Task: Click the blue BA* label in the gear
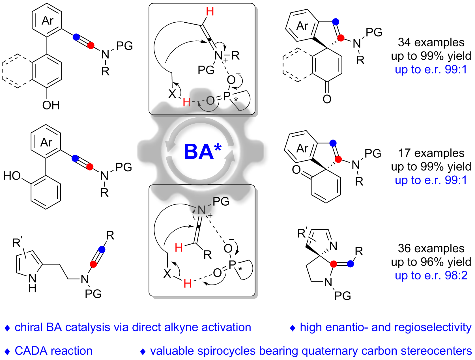[x=202, y=151]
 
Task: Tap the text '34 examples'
[x=431, y=42]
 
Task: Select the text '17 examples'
[x=431, y=153]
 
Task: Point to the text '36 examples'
[x=431, y=248]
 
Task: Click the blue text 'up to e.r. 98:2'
[x=431, y=275]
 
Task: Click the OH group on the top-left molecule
[x=51, y=105]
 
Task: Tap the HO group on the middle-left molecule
[x=12, y=176]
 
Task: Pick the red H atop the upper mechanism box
[x=210, y=12]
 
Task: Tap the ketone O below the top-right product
[x=327, y=99]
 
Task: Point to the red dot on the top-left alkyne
[x=91, y=45]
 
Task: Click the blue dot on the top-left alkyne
[x=76, y=37]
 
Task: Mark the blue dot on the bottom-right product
[x=350, y=264]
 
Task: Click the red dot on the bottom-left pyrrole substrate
[x=93, y=264]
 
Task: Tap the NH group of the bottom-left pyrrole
[x=33, y=283]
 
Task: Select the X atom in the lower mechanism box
[x=167, y=273]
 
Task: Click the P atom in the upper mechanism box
[x=227, y=96]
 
